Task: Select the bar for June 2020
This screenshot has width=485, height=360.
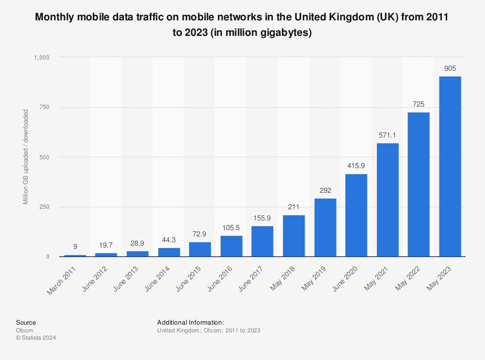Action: [356, 215]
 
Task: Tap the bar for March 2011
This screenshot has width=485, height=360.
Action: [75, 255]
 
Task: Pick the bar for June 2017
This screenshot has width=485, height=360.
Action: [262, 241]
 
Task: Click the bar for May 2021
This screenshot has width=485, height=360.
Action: [388, 200]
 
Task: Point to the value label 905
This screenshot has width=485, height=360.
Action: [450, 68]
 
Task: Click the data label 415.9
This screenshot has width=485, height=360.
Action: [356, 166]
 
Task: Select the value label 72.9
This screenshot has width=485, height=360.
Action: [200, 234]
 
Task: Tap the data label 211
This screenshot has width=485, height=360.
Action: [293, 207]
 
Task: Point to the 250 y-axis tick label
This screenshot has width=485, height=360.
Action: [45, 207]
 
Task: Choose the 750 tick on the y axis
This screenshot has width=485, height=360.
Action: [45, 107]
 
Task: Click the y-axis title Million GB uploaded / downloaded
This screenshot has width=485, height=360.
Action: [26, 157]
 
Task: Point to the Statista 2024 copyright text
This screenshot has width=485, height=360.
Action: [36, 338]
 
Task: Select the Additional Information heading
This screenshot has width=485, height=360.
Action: [190, 322]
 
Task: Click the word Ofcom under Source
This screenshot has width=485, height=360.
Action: [24, 330]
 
